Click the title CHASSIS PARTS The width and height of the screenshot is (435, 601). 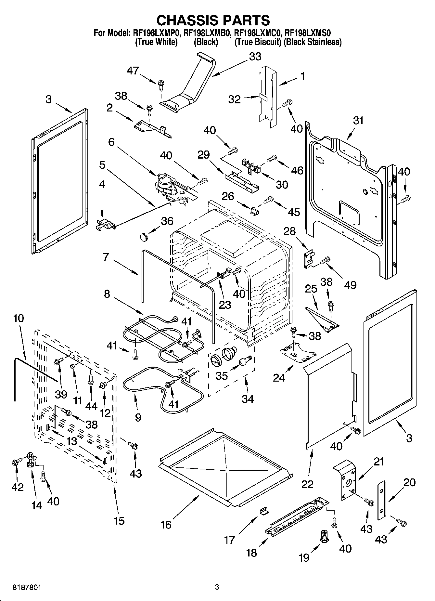(213, 20)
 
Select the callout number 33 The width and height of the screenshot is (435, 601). (255, 57)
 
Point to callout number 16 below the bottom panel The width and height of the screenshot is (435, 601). (166, 525)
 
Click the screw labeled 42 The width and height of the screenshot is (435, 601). (16, 462)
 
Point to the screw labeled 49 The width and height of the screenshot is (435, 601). (325, 260)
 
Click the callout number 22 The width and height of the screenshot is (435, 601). (307, 484)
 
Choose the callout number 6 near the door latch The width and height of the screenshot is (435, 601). (111, 142)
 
